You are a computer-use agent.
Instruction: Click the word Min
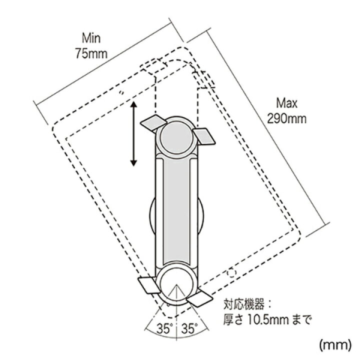pos(91,38)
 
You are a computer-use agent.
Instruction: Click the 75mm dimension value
pos(91,53)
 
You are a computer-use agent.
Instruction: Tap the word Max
pos(287,103)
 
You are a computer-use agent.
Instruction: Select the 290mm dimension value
pos(287,118)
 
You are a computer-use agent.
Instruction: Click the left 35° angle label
pos(164,328)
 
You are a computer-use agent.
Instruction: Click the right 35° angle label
pos(189,328)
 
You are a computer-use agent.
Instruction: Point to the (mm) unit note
pos(335,345)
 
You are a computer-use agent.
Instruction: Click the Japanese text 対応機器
pos(244,304)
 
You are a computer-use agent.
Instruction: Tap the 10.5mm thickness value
pos(268,320)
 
